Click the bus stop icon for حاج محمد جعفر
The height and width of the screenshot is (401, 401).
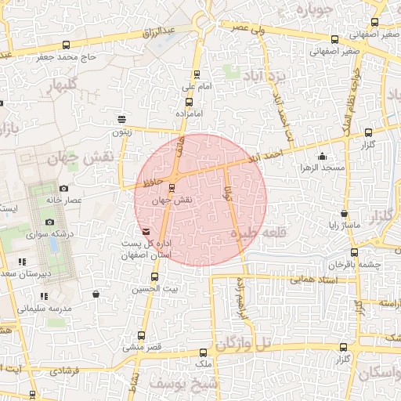click(x=65, y=45)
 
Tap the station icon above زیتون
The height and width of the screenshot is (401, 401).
click(x=121, y=120)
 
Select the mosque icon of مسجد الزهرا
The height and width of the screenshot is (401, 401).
click(x=323, y=157)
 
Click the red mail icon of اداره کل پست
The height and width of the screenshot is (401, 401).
click(x=146, y=232)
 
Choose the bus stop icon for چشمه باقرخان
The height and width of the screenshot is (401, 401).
click(x=354, y=252)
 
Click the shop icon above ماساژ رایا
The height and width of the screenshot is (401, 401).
click(x=344, y=214)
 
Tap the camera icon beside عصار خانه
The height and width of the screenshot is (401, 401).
click(x=63, y=188)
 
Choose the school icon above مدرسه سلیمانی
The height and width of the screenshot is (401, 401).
click(x=44, y=296)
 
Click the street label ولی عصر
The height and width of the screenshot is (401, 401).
click(x=244, y=27)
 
